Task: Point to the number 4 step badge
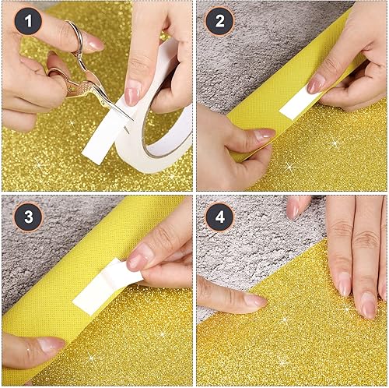point(219,217)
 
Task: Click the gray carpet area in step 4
point(257,249)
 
